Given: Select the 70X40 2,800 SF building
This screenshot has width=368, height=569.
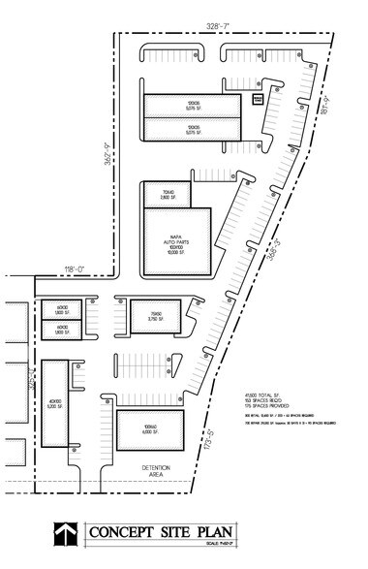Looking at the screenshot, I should (160, 193).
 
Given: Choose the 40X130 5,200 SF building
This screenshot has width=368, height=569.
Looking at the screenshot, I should (57, 402).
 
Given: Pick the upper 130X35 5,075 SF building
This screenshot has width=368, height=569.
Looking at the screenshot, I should (194, 105).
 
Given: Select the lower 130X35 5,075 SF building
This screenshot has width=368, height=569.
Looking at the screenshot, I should (194, 129).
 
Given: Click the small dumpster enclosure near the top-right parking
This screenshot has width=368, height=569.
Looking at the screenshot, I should (258, 99).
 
